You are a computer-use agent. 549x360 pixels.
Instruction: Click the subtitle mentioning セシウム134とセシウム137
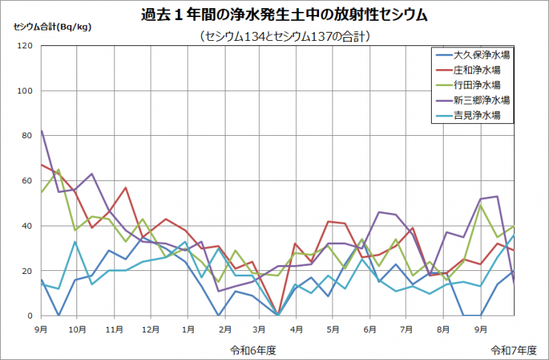285,36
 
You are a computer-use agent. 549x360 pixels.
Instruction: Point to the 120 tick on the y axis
25,46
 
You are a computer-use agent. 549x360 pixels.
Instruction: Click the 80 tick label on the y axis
27,136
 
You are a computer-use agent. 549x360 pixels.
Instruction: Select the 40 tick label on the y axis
27,226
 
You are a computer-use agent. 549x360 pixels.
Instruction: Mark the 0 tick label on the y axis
30,315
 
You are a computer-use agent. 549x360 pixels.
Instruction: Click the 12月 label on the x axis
151,327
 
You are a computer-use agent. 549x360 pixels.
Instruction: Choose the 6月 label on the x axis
369,327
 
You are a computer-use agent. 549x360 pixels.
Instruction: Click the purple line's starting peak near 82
42,131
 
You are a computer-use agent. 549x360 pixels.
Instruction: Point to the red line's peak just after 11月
126,188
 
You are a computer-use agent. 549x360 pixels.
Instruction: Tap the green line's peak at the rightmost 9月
480,206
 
